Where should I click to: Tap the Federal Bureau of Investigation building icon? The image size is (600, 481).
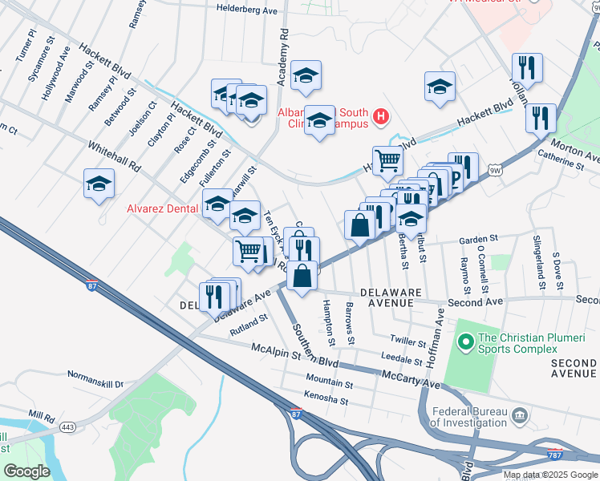(519, 416)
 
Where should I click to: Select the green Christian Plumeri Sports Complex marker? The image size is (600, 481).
(464, 343)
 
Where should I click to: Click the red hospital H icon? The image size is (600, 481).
(381, 119)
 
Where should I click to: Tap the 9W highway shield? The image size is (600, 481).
(495, 170)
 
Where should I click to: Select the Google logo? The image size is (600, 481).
(26, 471)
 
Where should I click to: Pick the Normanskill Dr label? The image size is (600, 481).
(95, 383)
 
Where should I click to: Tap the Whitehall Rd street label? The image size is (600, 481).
(114, 156)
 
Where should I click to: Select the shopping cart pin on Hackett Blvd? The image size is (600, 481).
(387, 160)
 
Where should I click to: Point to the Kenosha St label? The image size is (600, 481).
(326, 395)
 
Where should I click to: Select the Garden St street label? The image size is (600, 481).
(479, 239)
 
